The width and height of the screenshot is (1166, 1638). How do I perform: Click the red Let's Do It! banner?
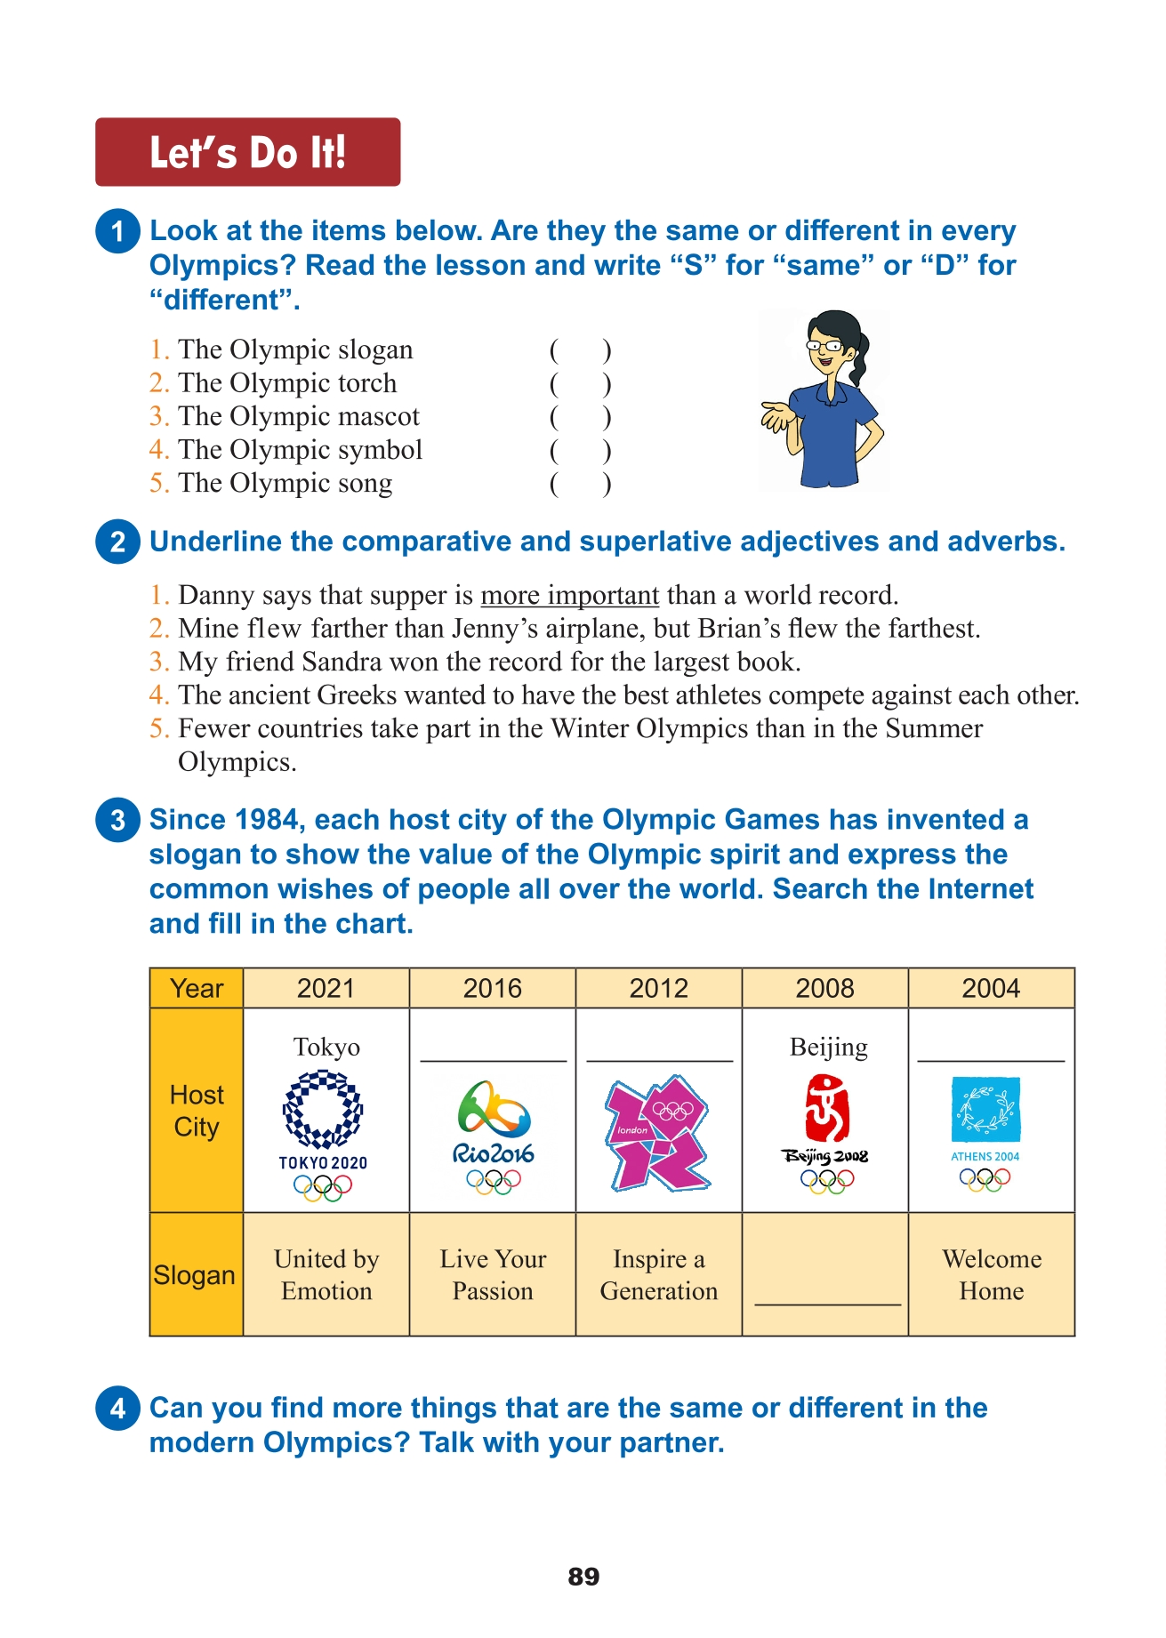click(x=247, y=152)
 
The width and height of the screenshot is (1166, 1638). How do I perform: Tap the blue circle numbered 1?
click(x=117, y=231)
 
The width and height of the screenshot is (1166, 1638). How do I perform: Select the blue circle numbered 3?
click(x=117, y=820)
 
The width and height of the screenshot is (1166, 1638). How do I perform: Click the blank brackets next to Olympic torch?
click(x=580, y=384)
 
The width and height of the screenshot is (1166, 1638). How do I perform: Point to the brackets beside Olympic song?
click(x=580, y=485)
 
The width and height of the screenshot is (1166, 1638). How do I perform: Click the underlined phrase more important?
click(x=569, y=595)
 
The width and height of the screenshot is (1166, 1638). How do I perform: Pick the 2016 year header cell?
click(x=492, y=988)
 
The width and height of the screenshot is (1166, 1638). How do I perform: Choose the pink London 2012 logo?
click(x=658, y=1134)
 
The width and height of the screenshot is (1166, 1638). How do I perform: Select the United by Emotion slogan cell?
click(x=326, y=1274)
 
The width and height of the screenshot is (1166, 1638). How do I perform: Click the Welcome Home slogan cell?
click(x=991, y=1274)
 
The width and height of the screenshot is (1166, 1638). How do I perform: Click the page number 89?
click(x=583, y=1577)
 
